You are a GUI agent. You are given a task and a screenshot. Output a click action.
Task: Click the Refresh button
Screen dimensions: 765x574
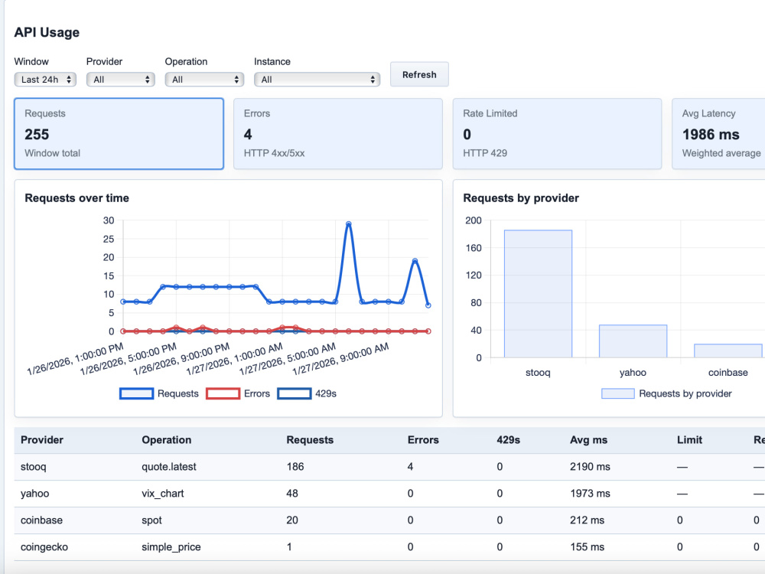point(419,75)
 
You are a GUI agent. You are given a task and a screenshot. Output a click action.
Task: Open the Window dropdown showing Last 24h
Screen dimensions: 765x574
point(45,80)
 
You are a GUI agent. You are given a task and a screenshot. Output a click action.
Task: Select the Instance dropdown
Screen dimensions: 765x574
point(317,80)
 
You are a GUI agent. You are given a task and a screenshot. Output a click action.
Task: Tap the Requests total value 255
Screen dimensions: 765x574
point(37,134)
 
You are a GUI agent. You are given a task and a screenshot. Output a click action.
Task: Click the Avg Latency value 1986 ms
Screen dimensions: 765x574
point(711,134)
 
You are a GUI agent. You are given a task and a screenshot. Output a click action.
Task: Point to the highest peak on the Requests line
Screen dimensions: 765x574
point(348,224)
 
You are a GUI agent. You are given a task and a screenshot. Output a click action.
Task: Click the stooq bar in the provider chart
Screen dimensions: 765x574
point(538,294)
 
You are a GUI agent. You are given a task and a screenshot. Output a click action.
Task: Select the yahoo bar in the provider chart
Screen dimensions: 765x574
point(633,341)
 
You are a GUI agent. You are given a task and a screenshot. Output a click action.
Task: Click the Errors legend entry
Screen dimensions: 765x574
point(238,393)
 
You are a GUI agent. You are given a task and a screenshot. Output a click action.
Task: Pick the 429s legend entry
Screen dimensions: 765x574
point(307,393)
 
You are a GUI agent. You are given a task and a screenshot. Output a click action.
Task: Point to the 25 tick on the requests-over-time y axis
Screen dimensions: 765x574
point(109,239)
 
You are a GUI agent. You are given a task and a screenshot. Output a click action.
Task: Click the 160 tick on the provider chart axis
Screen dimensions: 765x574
point(474,248)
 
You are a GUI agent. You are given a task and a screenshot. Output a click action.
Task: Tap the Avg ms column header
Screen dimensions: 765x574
point(588,440)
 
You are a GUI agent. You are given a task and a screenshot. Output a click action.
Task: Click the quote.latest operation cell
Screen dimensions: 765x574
point(169,467)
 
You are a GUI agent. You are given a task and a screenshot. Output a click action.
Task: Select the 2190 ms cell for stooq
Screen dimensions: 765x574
point(590,467)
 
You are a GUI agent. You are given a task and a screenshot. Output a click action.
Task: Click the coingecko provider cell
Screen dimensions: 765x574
point(44,547)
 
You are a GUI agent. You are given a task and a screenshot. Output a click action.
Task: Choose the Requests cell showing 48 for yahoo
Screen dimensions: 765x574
point(292,494)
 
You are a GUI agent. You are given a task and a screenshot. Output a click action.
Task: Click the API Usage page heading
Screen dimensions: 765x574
point(47,32)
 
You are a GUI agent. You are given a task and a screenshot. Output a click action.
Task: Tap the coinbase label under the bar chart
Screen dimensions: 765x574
point(728,373)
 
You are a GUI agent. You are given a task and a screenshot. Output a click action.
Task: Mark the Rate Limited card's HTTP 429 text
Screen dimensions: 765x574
point(485,153)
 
